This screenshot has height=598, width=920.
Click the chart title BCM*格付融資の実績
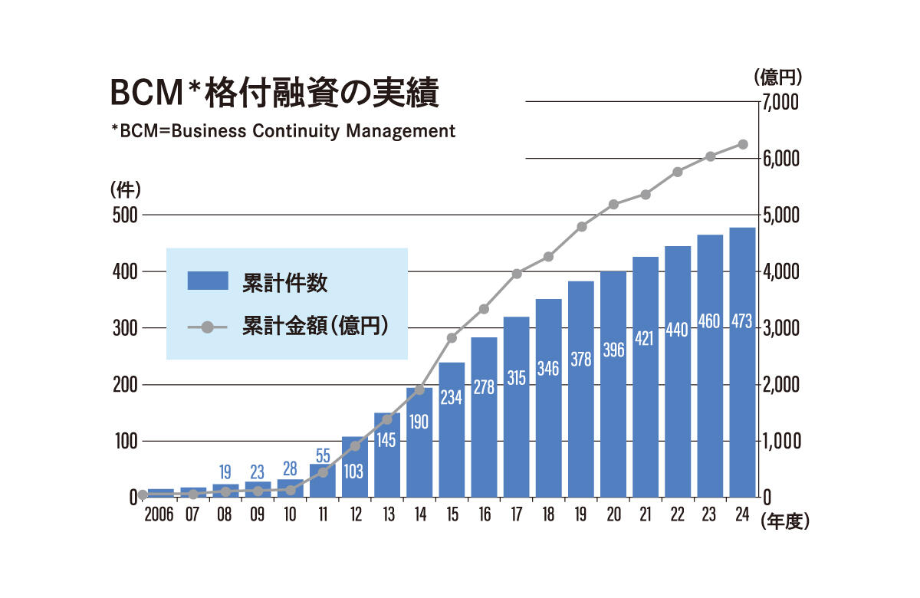(x=274, y=94)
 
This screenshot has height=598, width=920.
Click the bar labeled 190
(x=419, y=442)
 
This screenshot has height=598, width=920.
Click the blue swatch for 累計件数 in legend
(x=208, y=281)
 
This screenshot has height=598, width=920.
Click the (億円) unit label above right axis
(x=777, y=77)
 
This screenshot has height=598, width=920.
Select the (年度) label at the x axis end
(x=785, y=521)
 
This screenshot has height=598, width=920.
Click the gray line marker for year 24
(x=742, y=144)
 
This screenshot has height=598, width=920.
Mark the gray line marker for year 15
(x=452, y=338)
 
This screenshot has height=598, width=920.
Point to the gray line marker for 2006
(x=143, y=495)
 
